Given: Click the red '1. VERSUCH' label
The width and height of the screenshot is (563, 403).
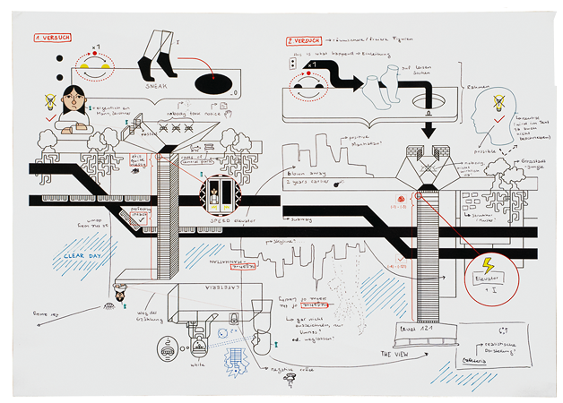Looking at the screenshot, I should [x=53, y=39].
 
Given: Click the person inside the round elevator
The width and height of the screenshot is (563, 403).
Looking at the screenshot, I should [x=221, y=191].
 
